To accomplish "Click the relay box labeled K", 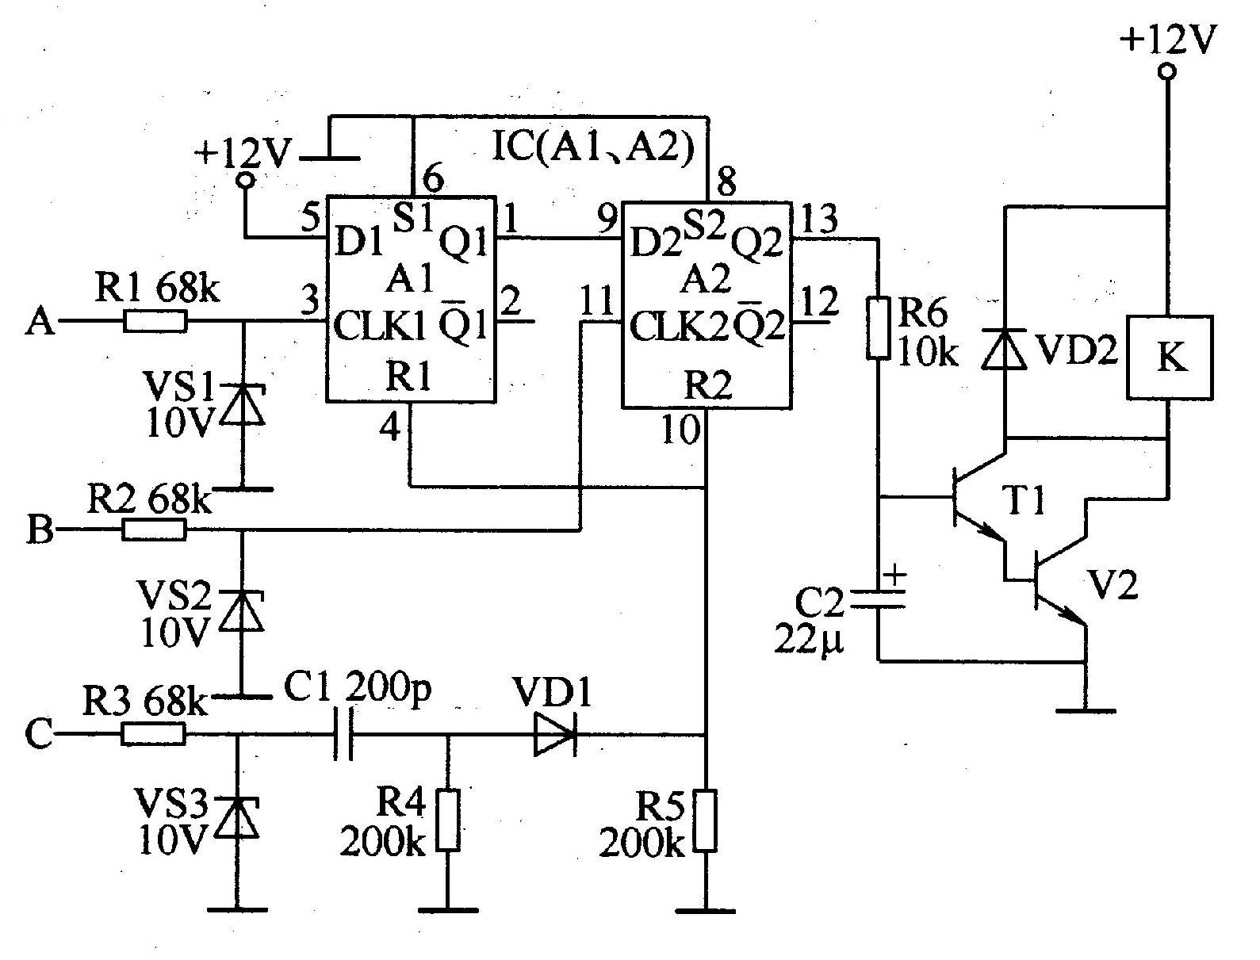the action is (x=1170, y=357).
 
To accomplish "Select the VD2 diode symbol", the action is (x=1004, y=348).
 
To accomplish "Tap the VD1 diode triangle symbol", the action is (x=555, y=735).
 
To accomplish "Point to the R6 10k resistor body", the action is (x=879, y=328).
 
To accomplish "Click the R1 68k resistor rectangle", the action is (x=155, y=321).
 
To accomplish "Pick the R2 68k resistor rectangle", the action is (x=154, y=530).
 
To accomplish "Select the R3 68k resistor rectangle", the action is (x=153, y=734).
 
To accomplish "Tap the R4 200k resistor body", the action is (x=448, y=820).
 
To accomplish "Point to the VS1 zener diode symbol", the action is (x=242, y=404).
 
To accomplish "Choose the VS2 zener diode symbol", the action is (x=242, y=610).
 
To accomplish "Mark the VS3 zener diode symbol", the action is (x=236, y=817).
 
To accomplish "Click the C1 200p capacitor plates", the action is (x=343, y=735).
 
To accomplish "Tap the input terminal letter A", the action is (x=40, y=320).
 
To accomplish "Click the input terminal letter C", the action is (x=39, y=734).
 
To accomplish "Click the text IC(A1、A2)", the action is (x=593, y=147).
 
